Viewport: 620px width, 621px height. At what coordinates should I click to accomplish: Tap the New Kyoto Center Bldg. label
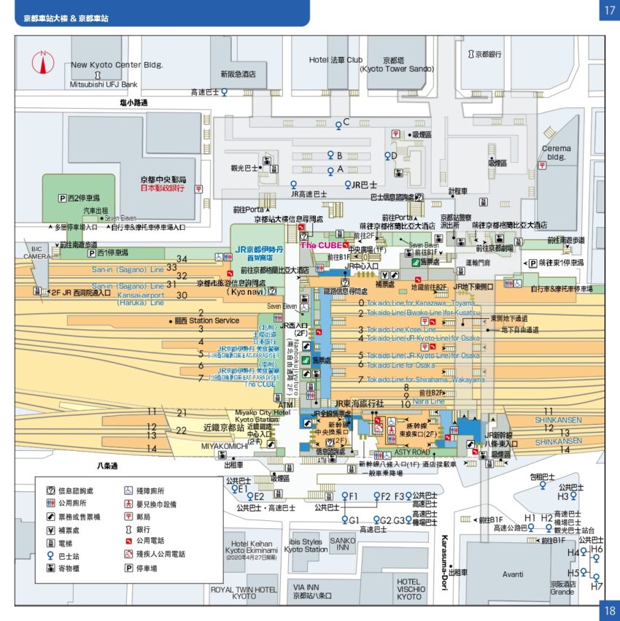pos(117,65)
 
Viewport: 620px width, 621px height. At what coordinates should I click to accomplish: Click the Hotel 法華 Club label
pos(336,60)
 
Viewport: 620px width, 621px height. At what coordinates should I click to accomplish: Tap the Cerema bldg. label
pos(556,153)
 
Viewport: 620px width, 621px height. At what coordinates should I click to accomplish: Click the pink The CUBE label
pos(322,245)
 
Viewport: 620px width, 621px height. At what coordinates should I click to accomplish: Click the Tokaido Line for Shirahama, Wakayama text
pos(425,379)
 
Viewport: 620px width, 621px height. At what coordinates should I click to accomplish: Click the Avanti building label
pos(513,574)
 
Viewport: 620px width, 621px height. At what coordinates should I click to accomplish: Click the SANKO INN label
pos(343,544)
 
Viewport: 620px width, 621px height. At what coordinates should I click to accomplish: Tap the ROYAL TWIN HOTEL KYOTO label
pos(244,593)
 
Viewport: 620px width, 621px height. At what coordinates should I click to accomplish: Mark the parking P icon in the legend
pos(128,568)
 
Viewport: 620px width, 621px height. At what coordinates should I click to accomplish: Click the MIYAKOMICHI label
pos(225,445)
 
